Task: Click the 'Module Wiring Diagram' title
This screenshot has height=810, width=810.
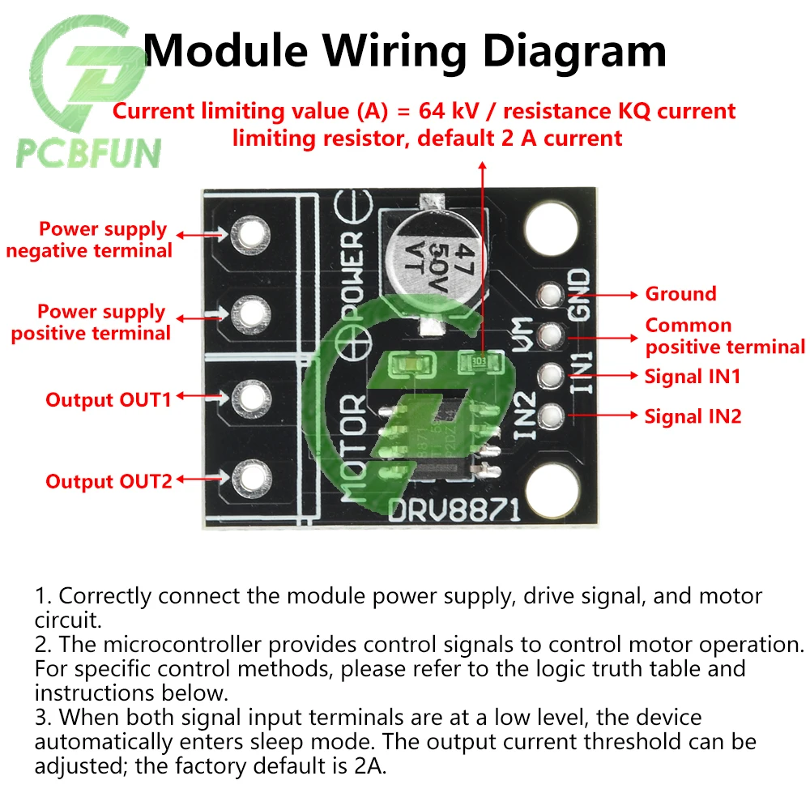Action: pyautogui.click(x=405, y=50)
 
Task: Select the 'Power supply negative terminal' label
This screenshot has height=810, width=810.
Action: pyautogui.click(x=91, y=240)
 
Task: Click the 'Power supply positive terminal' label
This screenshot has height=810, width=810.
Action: pyautogui.click(x=91, y=322)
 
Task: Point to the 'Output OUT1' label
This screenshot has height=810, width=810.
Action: pyautogui.click(x=109, y=399)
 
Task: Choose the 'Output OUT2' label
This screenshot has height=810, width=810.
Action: pyautogui.click(x=109, y=481)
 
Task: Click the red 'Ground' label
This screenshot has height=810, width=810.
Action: pyautogui.click(x=680, y=294)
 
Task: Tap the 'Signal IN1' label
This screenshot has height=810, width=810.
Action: pyautogui.click(x=692, y=377)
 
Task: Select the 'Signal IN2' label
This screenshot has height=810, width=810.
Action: pyautogui.click(x=693, y=417)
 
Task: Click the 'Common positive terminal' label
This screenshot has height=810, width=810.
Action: pyautogui.click(x=724, y=336)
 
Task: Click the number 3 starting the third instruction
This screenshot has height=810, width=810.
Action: pyautogui.click(x=40, y=718)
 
